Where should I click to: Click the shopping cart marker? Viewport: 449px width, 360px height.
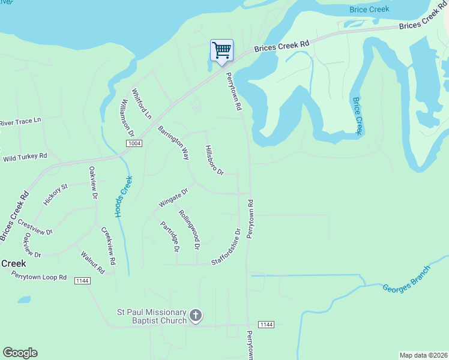tap(221, 50)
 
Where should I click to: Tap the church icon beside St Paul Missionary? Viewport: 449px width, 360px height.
tap(196, 315)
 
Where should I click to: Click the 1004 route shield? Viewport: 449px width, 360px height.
tap(134, 143)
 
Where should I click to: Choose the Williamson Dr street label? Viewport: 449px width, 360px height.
tap(127, 118)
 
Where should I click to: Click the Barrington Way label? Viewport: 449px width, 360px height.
tap(173, 142)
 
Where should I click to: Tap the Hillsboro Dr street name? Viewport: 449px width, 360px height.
tap(214, 160)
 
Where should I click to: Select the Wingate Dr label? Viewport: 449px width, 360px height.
tap(173, 198)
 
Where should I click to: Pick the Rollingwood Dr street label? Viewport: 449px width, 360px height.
tap(188, 229)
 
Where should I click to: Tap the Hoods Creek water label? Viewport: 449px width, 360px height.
tap(124, 196)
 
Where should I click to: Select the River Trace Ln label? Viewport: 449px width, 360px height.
tap(20, 121)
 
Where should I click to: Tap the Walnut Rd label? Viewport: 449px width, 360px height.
tap(92, 262)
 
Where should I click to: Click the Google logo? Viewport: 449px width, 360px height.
tap(20, 353)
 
